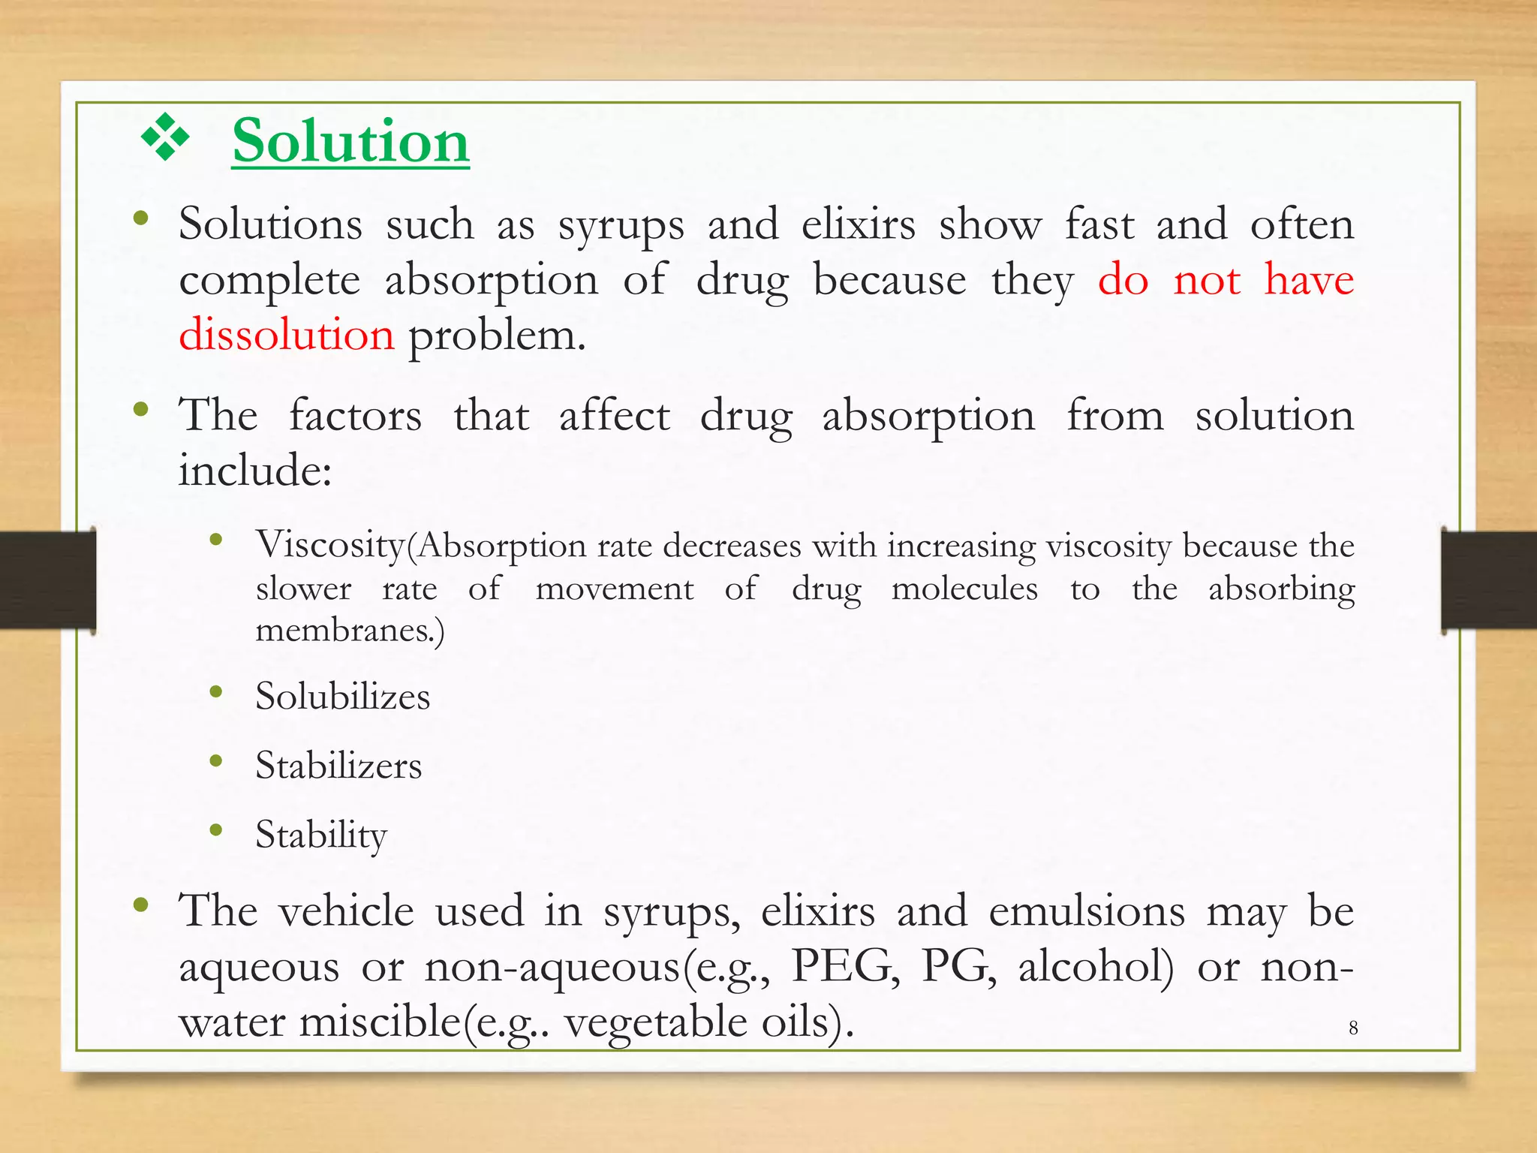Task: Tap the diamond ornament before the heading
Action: click(165, 137)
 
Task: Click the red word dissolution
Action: click(286, 335)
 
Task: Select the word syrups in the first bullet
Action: click(621, 225)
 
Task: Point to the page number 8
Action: click(1353, 1028)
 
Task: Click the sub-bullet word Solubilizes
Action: click(342, 696)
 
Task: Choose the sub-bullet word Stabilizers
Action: click(338, 766)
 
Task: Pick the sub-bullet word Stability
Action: click(320, 835)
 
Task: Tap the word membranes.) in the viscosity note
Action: click(350, 630)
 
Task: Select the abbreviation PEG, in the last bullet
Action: click(846, 966)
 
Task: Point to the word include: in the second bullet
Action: click(255, 471)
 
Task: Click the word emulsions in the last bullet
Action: click(1087, 911)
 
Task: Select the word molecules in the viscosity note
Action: click(964, 589)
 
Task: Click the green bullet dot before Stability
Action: click(216, 830)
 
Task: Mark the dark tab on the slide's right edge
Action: click(1489, 580)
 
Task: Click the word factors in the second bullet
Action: click(355, 416)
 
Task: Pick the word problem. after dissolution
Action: click(496, 335)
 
